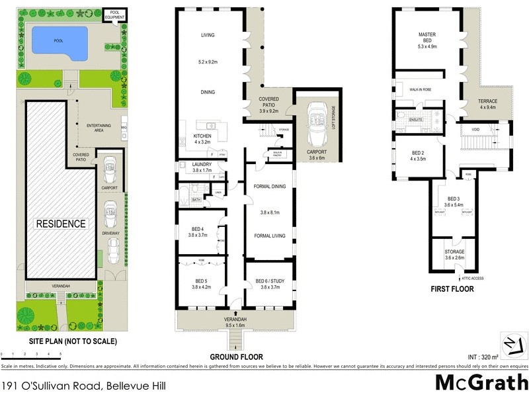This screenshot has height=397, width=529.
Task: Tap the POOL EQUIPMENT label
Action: point(116,15)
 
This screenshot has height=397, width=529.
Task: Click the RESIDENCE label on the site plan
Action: point(60,224)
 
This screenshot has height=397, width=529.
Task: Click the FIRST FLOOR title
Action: point(453,288)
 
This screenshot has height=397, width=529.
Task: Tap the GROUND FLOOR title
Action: point(236,357)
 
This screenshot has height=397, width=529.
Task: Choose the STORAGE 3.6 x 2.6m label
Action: point(454,255)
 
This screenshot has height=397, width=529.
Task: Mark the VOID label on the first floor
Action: point(475,130)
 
